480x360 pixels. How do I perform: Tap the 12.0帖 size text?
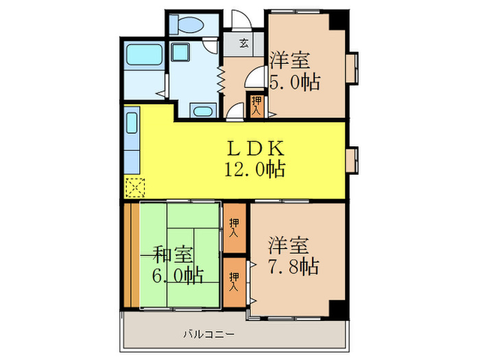click(x=254, y=168)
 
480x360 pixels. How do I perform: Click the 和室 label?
click(x=172, y=255)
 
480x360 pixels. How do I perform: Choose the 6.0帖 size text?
click(x=177, y=276)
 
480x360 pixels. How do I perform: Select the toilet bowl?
click(x=189, y=25)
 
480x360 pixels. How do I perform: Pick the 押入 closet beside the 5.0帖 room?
click(x=256, y=105)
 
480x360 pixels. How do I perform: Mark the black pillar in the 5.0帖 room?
click(x=337, y=19)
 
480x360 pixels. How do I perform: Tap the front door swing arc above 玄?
click(x=240, y=19)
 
